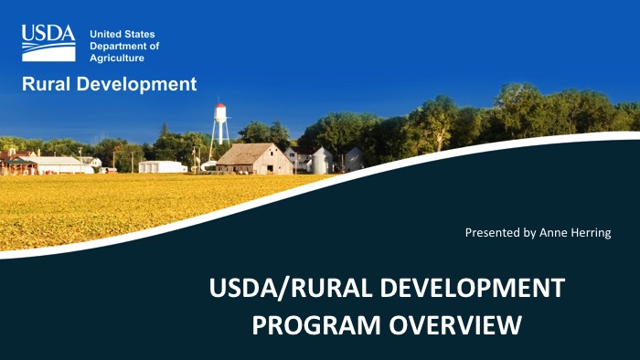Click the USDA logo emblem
48,44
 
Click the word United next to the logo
105,34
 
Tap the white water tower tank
219,116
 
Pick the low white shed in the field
162,166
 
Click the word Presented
495,233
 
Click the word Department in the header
124,46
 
